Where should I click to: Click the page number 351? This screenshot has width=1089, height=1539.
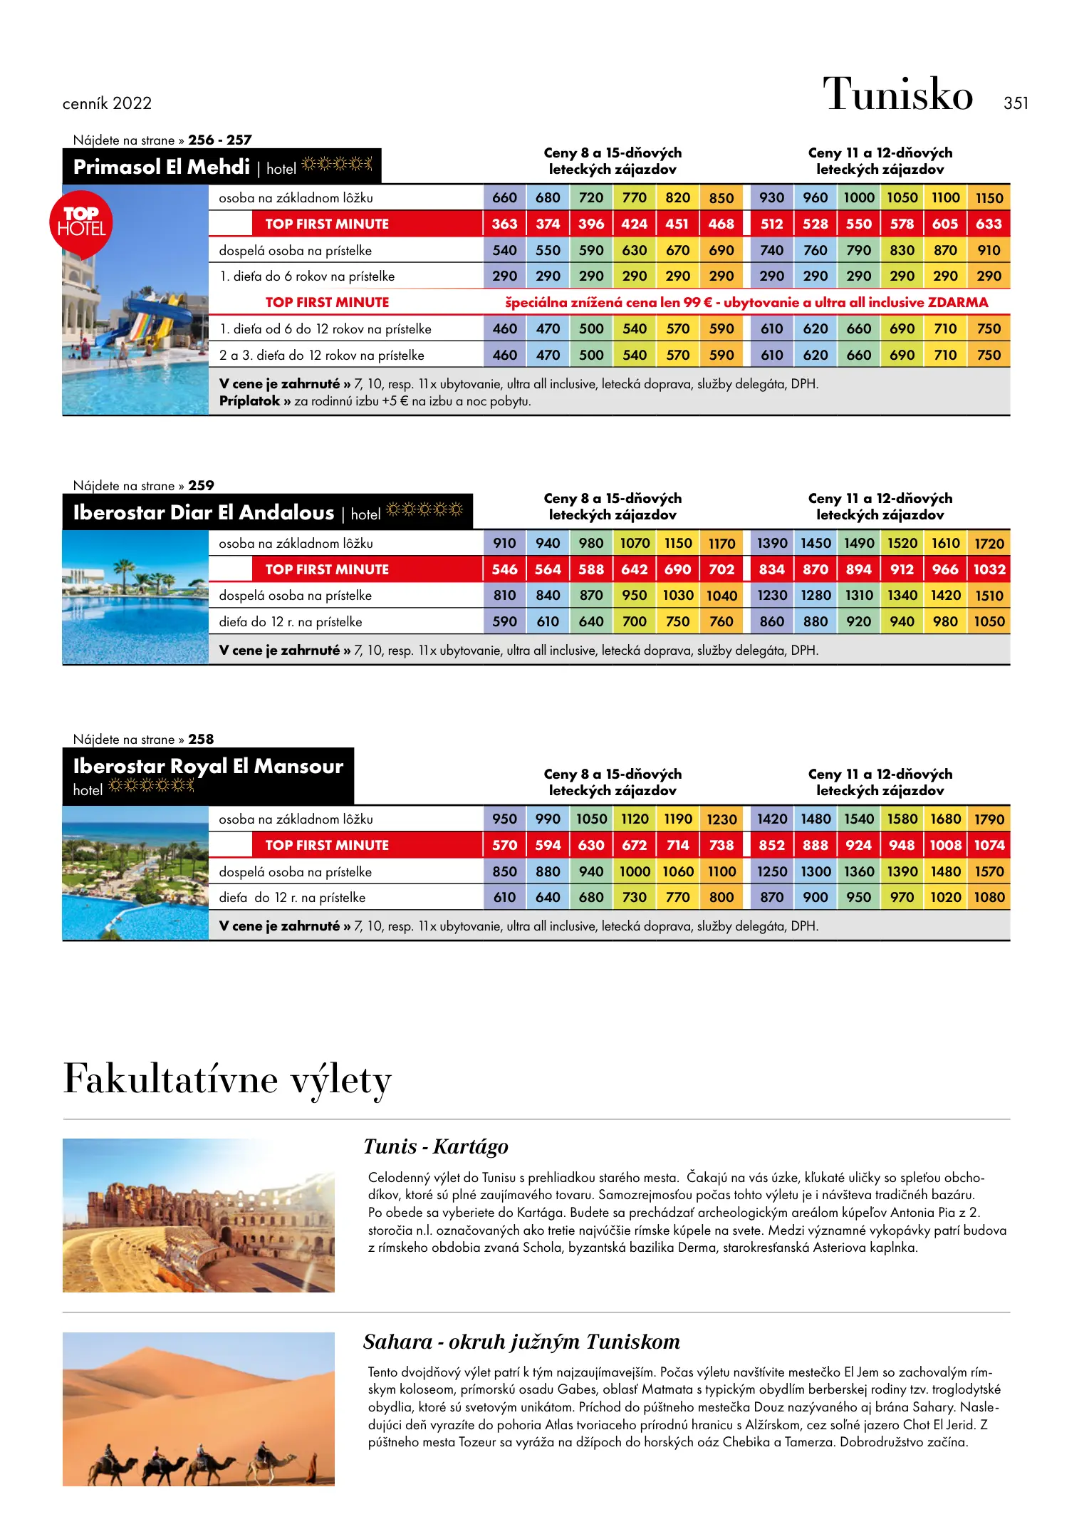1016,103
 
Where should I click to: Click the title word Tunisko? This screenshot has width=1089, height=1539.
897,94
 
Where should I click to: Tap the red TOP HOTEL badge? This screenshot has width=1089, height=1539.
81,222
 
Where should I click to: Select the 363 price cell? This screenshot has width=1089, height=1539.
504,224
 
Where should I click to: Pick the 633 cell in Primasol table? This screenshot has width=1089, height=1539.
989,224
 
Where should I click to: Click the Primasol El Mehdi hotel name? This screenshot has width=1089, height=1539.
162,167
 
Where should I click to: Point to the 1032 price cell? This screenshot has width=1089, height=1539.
989,569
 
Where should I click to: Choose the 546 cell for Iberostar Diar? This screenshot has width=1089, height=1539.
504,569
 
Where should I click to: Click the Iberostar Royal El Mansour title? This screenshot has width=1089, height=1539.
208,766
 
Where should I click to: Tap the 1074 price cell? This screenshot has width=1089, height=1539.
989,845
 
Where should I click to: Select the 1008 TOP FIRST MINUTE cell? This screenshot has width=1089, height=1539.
945,845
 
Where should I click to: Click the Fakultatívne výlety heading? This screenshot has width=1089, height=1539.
227,1079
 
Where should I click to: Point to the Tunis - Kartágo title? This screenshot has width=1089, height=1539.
436,1146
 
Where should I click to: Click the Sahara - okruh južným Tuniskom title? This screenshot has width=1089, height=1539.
521,1342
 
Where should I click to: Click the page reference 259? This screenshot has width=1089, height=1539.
201,485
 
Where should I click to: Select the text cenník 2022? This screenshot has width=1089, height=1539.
107,103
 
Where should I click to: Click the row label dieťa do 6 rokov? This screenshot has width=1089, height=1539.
307,276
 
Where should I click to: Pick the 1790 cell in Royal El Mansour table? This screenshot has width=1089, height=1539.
989,819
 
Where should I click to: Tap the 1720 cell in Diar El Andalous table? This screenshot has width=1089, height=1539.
989,544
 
